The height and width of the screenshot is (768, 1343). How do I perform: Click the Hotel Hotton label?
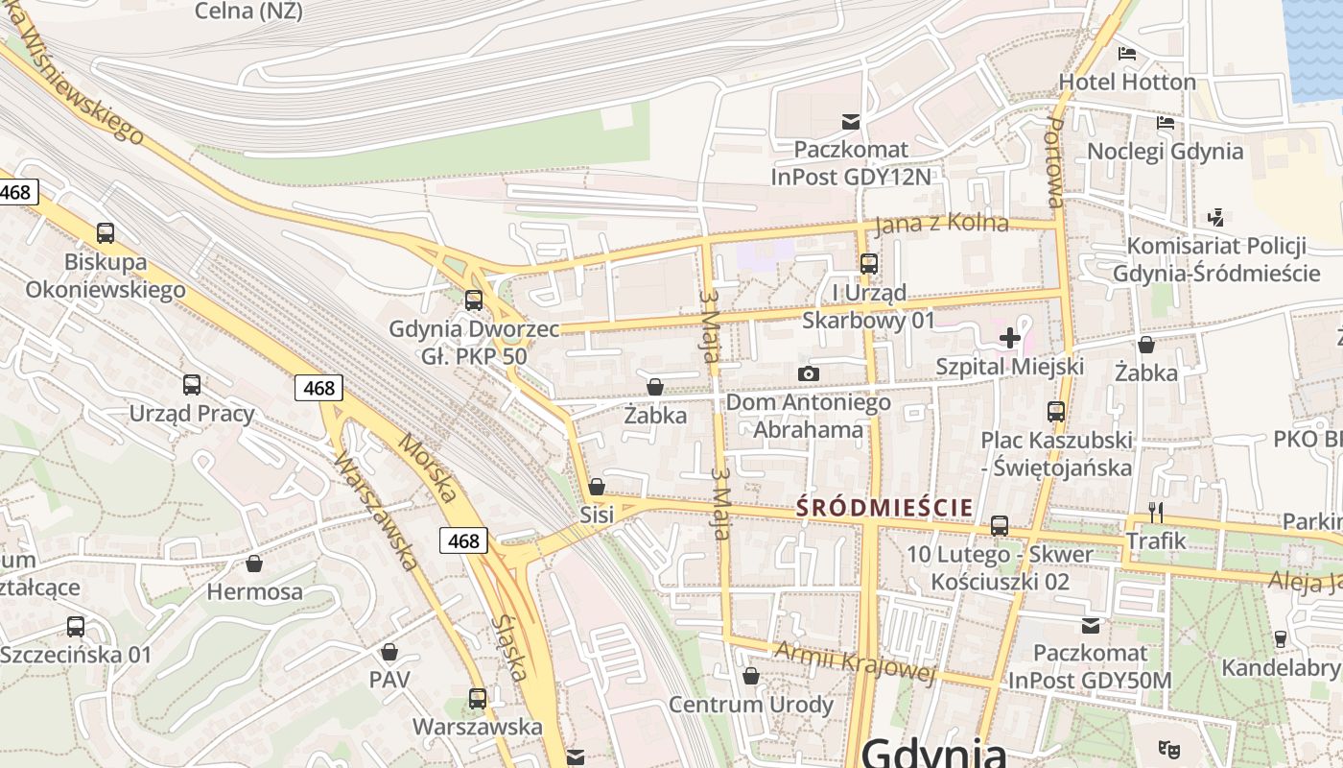point(1127,83)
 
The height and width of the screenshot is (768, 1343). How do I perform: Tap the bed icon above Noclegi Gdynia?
point(1166,123)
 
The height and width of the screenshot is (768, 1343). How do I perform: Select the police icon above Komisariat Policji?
point(1216,217)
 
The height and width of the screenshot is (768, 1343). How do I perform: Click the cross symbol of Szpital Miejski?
point(1009,338)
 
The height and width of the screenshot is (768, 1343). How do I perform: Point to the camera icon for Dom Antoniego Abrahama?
point(809,373)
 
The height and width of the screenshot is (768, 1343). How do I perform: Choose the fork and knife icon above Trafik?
point(1156,512)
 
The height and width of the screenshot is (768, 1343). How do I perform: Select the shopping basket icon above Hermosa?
point(254,564)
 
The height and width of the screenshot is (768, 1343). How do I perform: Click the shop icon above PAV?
point(389,653)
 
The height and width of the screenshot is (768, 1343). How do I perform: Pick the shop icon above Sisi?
point(597,487)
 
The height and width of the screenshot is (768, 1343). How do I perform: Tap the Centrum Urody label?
point(751,705)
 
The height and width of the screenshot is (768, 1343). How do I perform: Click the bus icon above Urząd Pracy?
point(192,385)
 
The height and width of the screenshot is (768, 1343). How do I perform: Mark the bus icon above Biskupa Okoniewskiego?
point(106,232)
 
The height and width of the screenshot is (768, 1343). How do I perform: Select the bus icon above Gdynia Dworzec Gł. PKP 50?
point(474,300)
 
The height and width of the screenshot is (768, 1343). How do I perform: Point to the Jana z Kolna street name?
point(942,225)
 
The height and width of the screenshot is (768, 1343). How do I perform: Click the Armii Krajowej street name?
point(854,661)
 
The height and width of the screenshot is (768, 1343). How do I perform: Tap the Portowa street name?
point(1055,163)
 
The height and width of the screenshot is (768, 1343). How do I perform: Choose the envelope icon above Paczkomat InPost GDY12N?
point(850,122)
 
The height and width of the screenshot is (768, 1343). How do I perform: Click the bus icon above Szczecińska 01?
point(76,627)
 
